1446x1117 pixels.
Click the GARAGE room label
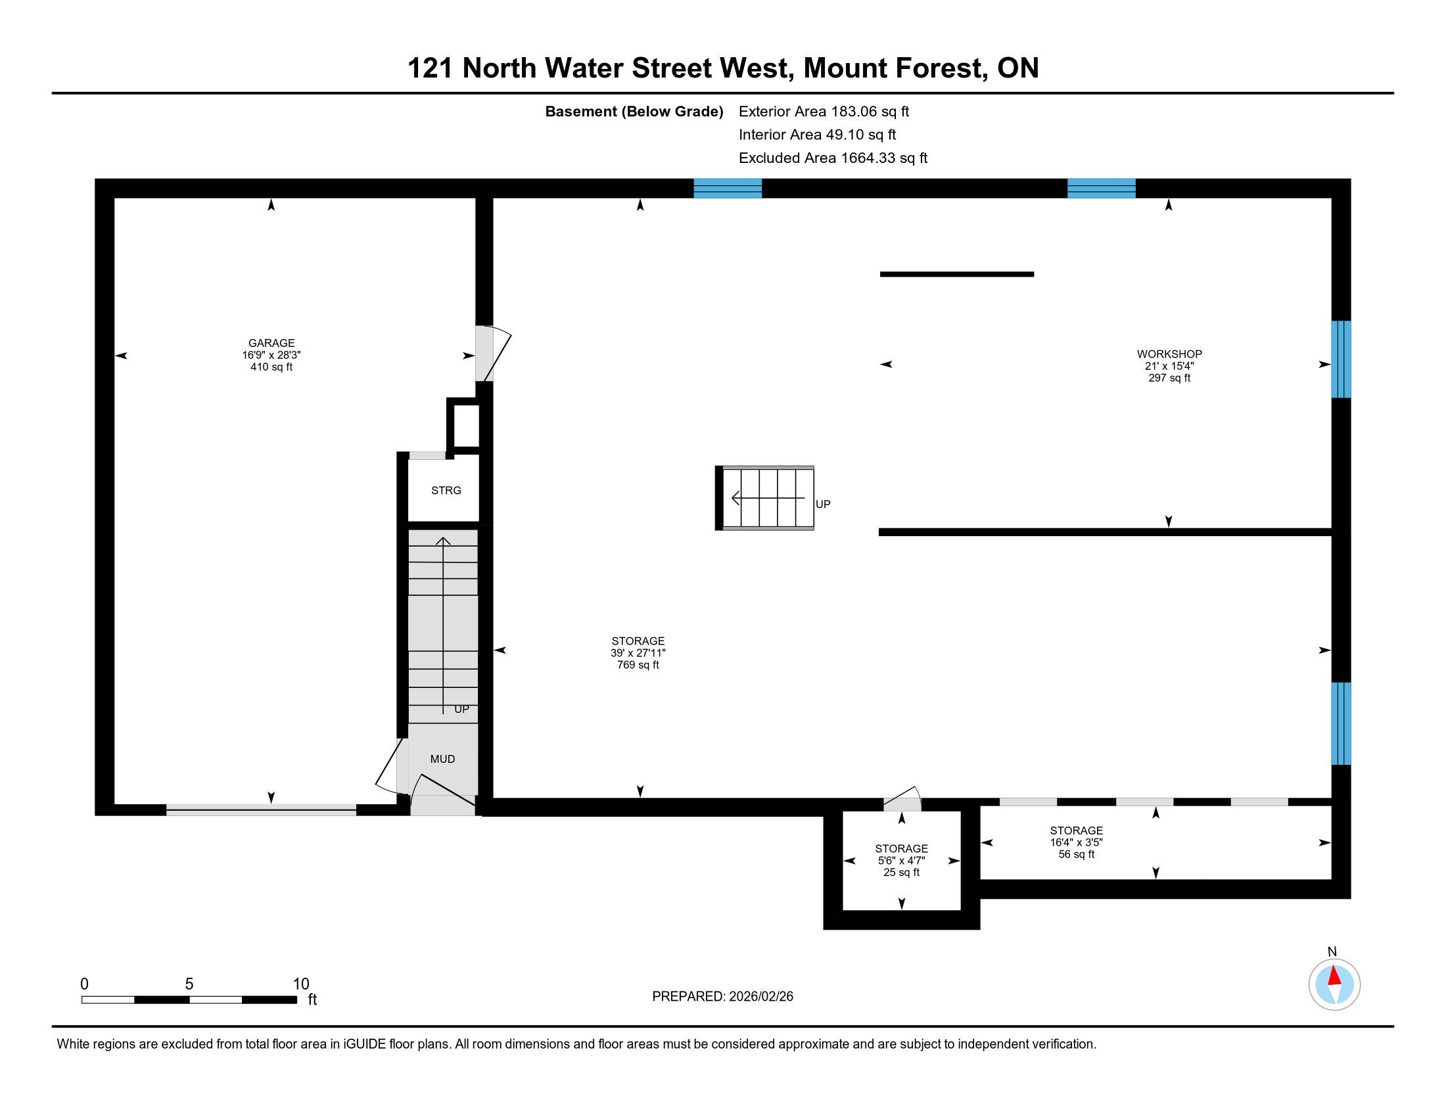(x=271, y=343)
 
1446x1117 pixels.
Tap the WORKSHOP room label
(x=1169, y=354)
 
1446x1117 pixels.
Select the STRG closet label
(x=446, y=490)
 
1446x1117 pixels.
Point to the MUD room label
(x=442, y=759)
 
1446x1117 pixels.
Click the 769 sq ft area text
(x=638, y=665)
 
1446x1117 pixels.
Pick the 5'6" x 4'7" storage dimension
(x=901, y=860)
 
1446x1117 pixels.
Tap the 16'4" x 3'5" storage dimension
(x=1076, y=842)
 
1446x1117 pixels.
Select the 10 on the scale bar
(x=301, y=984)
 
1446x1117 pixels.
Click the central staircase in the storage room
(x=764, y=498)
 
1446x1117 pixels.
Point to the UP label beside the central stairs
(x=823, y=504)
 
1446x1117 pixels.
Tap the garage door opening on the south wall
(x=261, y=809)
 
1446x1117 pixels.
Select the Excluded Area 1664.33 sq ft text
(x=833, y=158)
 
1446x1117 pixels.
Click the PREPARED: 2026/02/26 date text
(x=722, y=997)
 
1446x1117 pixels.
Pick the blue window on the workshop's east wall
(x=1341, y=359)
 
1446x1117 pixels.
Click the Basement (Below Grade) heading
(x=634, y=112)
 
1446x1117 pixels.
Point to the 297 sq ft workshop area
(x=1169, y=378)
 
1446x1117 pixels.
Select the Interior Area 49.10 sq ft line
(x=817, y=135)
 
